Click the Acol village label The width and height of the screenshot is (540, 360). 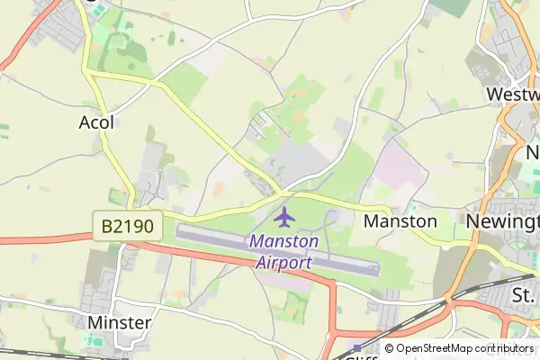coord(97,121)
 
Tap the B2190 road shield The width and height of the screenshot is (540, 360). coord(127,226)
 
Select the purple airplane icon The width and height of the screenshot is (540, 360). coord(284,217)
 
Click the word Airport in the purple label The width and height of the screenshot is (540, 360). coord(283,263)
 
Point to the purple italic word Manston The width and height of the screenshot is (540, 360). coord(283,241)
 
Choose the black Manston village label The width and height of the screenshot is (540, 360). coord(400,220)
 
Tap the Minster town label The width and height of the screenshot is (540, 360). coord(119,321)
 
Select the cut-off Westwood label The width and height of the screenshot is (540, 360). coord(512,94)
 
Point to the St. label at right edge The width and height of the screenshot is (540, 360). coord(524,295)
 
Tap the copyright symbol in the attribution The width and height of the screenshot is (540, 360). coord(390,348)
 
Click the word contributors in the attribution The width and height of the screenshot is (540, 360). coord(503,348)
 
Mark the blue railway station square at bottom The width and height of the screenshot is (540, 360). coord(357,347)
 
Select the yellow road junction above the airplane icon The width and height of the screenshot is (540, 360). coord(285,192)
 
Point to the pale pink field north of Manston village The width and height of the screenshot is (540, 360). coord(396,162)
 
